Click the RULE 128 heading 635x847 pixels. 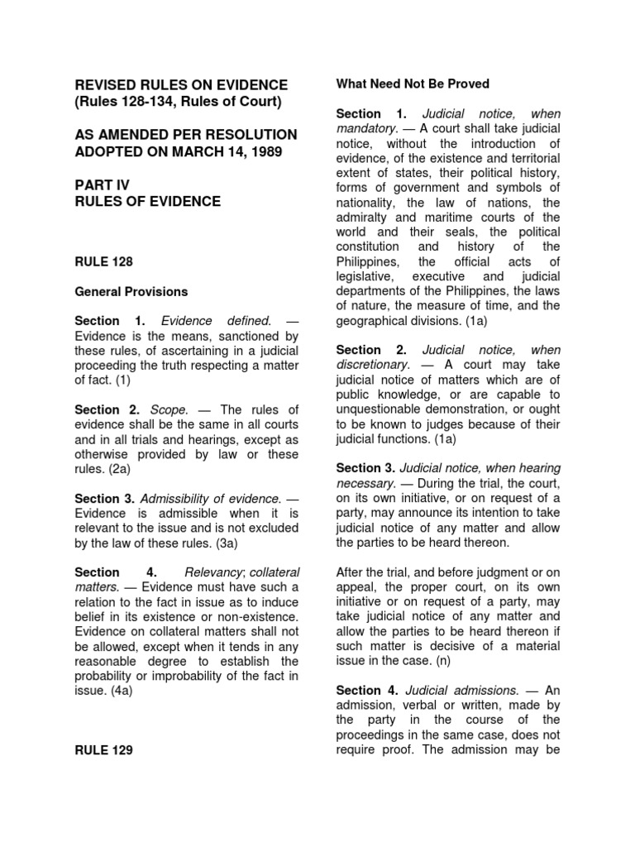(103, 261)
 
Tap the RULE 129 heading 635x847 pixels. (103, 750)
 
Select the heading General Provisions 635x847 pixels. (131, 292)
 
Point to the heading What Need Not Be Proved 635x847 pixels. (413, 84)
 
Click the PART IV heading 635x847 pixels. (102, 186)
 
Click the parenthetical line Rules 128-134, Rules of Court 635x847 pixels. (179, 102)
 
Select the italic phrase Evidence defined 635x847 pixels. (216, 321)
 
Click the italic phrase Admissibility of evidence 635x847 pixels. (210, 499)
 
